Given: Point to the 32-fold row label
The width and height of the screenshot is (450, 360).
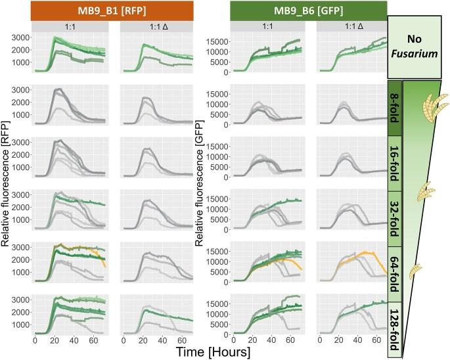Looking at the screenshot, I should (x=394, y=208).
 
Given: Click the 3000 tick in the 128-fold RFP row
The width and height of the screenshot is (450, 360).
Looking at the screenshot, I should (x=22, y=300).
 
